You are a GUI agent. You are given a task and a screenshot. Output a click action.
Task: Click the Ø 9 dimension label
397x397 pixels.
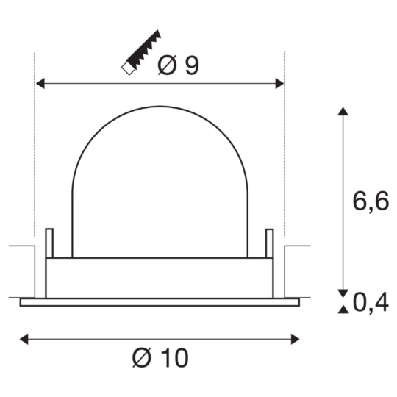[179, 66]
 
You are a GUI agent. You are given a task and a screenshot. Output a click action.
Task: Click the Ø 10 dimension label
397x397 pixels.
[160, 359]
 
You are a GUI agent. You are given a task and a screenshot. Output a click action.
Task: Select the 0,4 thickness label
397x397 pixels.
[371, 301]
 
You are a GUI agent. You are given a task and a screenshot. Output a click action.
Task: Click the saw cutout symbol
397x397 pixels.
[142, 53]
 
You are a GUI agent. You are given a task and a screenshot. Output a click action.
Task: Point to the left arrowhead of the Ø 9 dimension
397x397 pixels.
[41, 83]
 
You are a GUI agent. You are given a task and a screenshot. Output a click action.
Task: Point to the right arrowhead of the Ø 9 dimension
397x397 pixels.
[279, 83]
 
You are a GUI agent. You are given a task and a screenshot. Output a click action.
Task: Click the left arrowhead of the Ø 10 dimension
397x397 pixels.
[24, 339]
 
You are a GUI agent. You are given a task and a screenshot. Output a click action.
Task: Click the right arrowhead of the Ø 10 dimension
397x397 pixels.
[296, 339]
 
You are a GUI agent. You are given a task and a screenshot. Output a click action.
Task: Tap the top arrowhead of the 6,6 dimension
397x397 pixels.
[341, 112]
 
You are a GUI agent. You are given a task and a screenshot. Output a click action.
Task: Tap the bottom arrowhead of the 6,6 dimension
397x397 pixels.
[341, 290]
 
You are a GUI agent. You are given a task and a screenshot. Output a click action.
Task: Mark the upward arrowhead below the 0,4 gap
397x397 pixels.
[341, 309]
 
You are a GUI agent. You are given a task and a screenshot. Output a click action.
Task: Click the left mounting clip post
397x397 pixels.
[49, 243]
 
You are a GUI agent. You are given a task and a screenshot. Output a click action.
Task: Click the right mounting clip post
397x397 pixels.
[269, 243]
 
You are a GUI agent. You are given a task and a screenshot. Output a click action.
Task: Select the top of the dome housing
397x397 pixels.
[160, 107]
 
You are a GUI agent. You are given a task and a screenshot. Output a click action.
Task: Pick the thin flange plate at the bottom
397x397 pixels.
[160, 301]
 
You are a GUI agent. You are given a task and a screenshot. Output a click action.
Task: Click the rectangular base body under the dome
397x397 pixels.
[160, 278]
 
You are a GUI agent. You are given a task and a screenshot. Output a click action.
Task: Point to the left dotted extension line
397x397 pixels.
[35, 147]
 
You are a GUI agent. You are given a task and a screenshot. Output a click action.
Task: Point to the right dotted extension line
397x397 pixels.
[285, 147]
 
